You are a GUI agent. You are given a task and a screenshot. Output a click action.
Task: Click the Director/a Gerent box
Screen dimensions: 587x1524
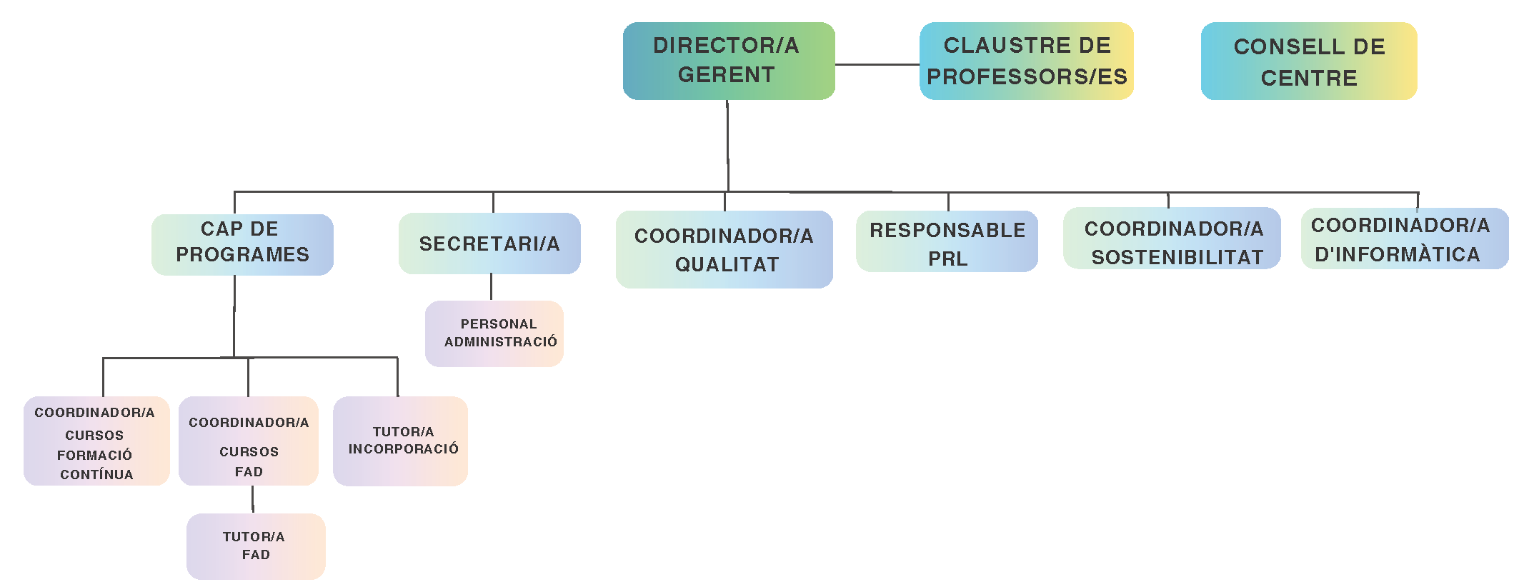728,61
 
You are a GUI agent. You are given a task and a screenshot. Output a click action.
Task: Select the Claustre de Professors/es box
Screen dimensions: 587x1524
1026,61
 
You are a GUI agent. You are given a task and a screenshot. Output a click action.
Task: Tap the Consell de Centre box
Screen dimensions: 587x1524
1308,61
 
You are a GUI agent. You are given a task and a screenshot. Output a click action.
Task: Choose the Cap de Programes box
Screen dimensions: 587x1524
242,244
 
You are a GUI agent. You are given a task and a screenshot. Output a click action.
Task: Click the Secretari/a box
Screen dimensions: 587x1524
489,244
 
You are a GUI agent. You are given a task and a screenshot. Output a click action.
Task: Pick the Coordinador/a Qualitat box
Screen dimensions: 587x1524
724,249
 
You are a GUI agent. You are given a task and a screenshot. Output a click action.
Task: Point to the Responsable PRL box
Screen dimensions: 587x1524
947,241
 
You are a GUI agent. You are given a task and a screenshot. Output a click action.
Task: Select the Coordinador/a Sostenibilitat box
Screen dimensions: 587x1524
1172,239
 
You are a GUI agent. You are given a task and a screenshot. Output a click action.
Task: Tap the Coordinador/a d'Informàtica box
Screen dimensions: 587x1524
1404,239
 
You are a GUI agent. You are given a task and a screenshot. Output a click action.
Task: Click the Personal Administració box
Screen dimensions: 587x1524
494,333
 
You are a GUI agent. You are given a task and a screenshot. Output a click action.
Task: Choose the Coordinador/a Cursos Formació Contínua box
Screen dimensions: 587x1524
96,441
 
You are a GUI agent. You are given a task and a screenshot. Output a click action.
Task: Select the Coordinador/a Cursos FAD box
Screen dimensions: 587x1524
249,441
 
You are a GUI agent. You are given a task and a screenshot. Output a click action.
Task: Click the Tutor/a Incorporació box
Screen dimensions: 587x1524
400,441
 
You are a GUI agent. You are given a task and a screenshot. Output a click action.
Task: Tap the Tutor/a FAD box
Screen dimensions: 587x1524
256,546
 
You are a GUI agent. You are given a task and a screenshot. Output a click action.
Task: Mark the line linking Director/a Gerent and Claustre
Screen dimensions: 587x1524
877,64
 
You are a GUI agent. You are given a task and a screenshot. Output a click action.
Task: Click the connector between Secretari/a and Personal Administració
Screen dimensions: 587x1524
491,287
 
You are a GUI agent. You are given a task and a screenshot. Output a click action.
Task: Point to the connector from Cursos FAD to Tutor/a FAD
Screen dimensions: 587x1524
252,499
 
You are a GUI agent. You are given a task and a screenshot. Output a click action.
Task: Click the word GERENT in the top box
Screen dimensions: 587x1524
726,75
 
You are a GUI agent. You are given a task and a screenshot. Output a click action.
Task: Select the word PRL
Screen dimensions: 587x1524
947,259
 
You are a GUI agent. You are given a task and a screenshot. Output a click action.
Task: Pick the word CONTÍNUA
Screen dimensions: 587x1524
96,475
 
